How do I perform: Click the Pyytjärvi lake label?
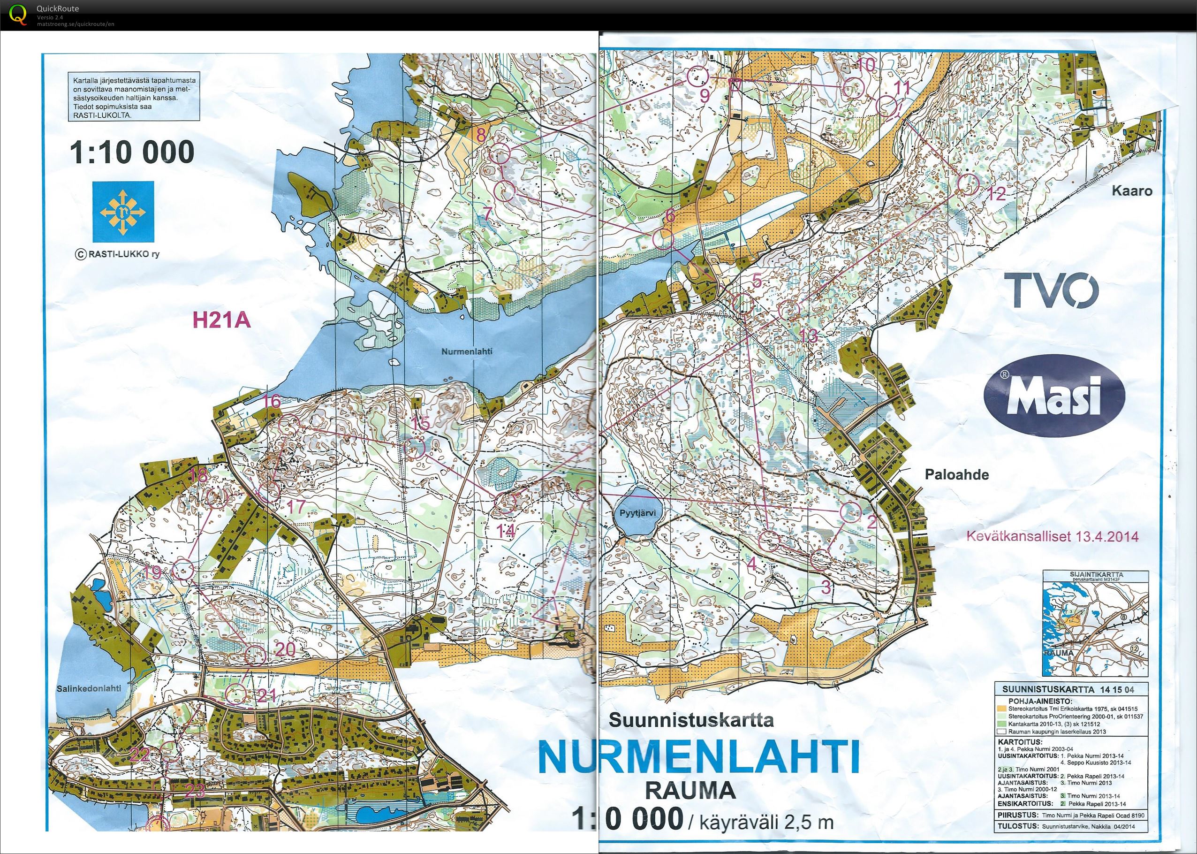[634, 513]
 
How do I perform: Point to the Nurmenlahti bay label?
[466, 351]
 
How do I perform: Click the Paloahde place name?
[956, 474]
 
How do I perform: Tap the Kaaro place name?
[1131, 191]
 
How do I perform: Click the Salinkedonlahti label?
[88, 688]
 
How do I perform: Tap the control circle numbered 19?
[183, 569]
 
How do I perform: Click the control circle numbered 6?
[663, 239]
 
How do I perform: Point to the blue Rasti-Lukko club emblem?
[123, 209]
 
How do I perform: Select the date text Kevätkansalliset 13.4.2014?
[1053, 536]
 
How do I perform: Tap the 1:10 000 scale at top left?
[132, 152]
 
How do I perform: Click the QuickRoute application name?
[58, 8]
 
